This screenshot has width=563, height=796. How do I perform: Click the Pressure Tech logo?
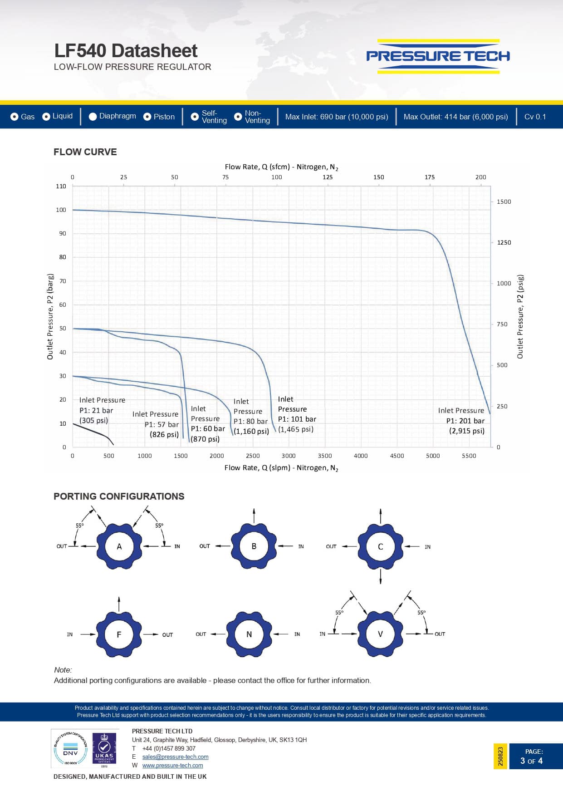tap(438, 56)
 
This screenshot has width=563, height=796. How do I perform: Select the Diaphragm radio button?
tap(93, 117)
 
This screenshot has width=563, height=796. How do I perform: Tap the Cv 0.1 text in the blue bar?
tap(535, 117)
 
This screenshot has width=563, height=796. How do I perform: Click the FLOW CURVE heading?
tap(85, 152)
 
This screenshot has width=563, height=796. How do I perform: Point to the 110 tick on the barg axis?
tap(61, 186)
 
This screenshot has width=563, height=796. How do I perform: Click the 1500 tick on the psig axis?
tap(504, 201)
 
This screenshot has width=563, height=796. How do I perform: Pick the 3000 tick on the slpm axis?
tap(289, 456)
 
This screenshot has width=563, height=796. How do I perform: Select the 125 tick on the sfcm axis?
tap(328, 177)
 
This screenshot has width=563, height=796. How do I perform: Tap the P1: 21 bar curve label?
tap(97, 410)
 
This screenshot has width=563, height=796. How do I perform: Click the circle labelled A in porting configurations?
tap(119, 546)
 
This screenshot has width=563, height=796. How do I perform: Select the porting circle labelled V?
tap(380, 634)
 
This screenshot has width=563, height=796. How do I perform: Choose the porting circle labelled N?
tap(249, 634)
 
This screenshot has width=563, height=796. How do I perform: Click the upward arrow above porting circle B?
tap(254, 516)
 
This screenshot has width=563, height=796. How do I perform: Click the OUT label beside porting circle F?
tap(167, 635)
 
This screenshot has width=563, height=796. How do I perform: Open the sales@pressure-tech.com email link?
tap(175, 757)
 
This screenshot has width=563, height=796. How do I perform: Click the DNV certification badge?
tap(70, 749)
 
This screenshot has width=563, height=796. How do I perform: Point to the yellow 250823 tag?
tap(500, 756)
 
